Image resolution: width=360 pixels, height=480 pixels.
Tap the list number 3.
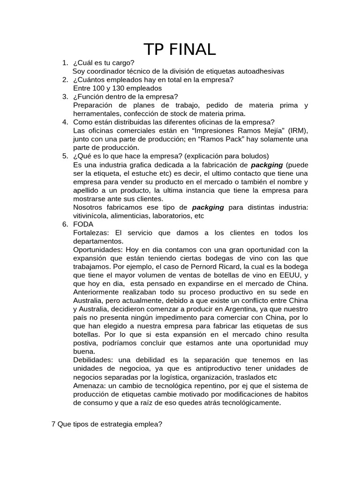coord(65,97)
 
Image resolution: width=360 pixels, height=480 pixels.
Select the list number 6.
coord(65,224)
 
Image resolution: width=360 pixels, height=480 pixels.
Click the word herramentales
coord(96,113)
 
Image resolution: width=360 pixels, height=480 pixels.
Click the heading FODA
coord(83,224)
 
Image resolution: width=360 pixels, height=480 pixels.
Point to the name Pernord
coord(203,266)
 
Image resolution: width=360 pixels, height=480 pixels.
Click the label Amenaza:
coord(89,385)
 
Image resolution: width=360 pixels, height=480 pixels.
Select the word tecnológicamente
coord(252,402)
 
